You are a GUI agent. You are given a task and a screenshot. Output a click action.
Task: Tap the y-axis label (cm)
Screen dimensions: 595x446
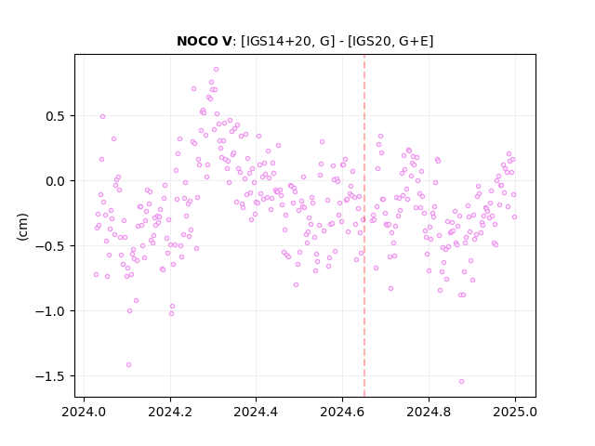pyautogui.click(x=22, y=227)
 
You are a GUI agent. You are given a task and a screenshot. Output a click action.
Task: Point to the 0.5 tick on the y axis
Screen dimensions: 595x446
pyautogui.click(x=56, y=116)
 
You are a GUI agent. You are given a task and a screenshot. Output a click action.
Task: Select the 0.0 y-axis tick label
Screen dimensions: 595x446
pyautogui.click(x=56, y=181)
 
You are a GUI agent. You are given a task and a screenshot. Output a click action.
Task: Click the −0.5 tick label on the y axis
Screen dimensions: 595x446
pyautogui.click(x=50, y=246)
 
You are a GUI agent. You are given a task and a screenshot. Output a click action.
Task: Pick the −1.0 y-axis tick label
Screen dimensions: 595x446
pyautogui.click(x=50, y=312)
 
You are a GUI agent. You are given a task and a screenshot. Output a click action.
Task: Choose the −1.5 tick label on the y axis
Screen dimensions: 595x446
pyautogui.click(x=50, y=377)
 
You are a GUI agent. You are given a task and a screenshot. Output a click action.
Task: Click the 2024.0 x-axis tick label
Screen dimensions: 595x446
pyautogui.click(x=85, y=412)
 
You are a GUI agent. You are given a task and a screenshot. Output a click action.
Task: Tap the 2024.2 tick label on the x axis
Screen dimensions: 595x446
pyautogui.click(x=170, y=412)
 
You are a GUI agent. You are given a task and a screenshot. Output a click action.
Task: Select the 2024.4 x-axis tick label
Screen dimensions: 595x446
pyautogui.click(x=257, y=412)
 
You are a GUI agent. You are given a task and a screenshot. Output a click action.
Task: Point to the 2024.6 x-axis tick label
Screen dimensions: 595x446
pyautogui.click(x=342, y=412)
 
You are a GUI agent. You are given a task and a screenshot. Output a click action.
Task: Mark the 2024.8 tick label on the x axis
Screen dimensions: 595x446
pyautogui.click(x=429, y=412)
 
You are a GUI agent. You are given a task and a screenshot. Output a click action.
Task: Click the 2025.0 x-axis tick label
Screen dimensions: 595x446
pyautogui.click(x=515, y=412)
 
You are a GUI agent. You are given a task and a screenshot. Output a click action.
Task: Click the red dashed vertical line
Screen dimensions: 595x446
pyautogui.click(x=364, y=226)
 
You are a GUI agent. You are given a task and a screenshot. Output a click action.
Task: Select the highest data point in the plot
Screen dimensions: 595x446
pyautogui.click(x=216, y=70)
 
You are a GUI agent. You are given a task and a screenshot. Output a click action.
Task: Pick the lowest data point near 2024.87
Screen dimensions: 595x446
pyautogui.click(x=461, y=382)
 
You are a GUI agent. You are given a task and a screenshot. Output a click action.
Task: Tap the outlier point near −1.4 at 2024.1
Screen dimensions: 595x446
pyautogui.click(x=128, y=365)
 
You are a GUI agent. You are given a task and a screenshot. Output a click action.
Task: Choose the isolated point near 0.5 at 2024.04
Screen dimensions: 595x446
pyautogui.click(x=102, y=117)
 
